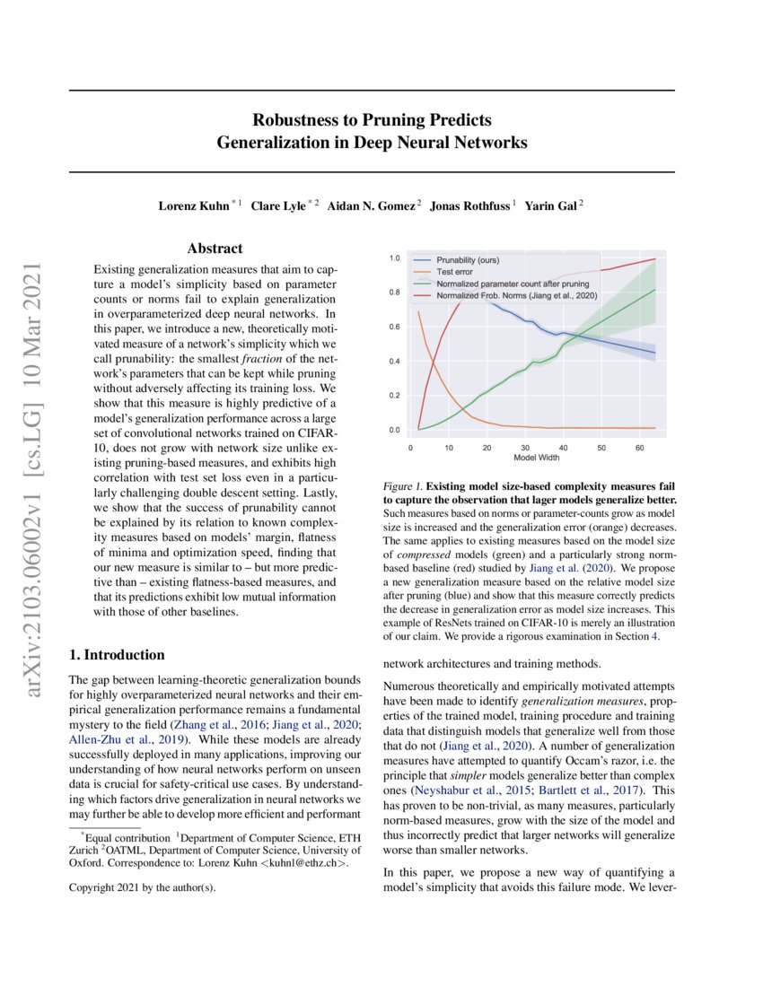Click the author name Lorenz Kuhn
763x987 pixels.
(x=193, y=205)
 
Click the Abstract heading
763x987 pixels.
(x=215, y=249)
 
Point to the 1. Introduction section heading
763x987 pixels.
(x=117, y=654)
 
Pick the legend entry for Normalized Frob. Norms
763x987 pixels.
(x=516, y=293)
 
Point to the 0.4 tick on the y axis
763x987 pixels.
(x=393, y=362)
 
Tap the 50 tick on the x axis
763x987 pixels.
(x=601, y=446)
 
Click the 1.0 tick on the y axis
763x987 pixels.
(x=393, y=258)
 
